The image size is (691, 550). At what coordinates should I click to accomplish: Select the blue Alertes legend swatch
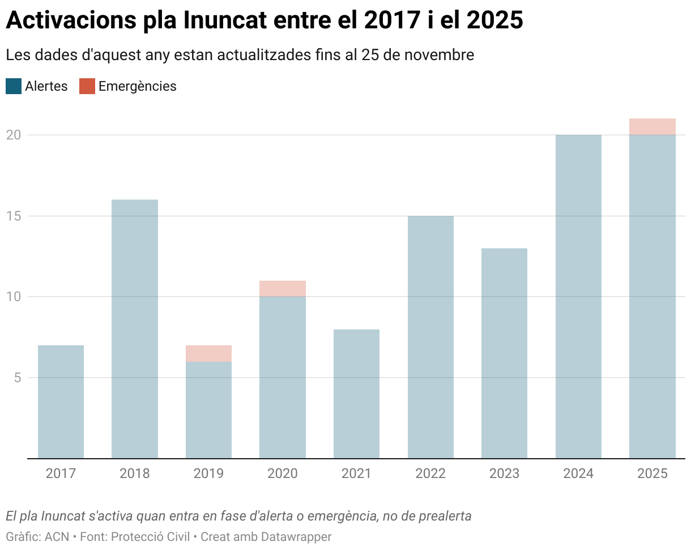coord(14,86)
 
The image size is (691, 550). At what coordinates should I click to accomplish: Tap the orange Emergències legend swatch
coord(87,86)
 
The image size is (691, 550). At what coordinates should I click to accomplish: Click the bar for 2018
coord(135,329)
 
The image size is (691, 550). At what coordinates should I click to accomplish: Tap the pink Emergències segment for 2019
coord(208,353)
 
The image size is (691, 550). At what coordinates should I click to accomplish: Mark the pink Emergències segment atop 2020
coord(283,289)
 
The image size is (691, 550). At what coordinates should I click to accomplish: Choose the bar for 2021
coord(356,394)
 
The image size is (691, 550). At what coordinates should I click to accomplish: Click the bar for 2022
coord(430,337)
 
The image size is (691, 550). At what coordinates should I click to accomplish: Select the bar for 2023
coord(504,353)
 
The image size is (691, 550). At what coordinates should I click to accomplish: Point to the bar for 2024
coord(578,297)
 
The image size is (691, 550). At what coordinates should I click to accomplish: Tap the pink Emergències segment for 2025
coord(652,126)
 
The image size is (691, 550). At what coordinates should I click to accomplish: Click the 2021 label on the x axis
coord(356,473)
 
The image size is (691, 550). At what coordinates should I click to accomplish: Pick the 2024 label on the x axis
coord(578,473)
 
